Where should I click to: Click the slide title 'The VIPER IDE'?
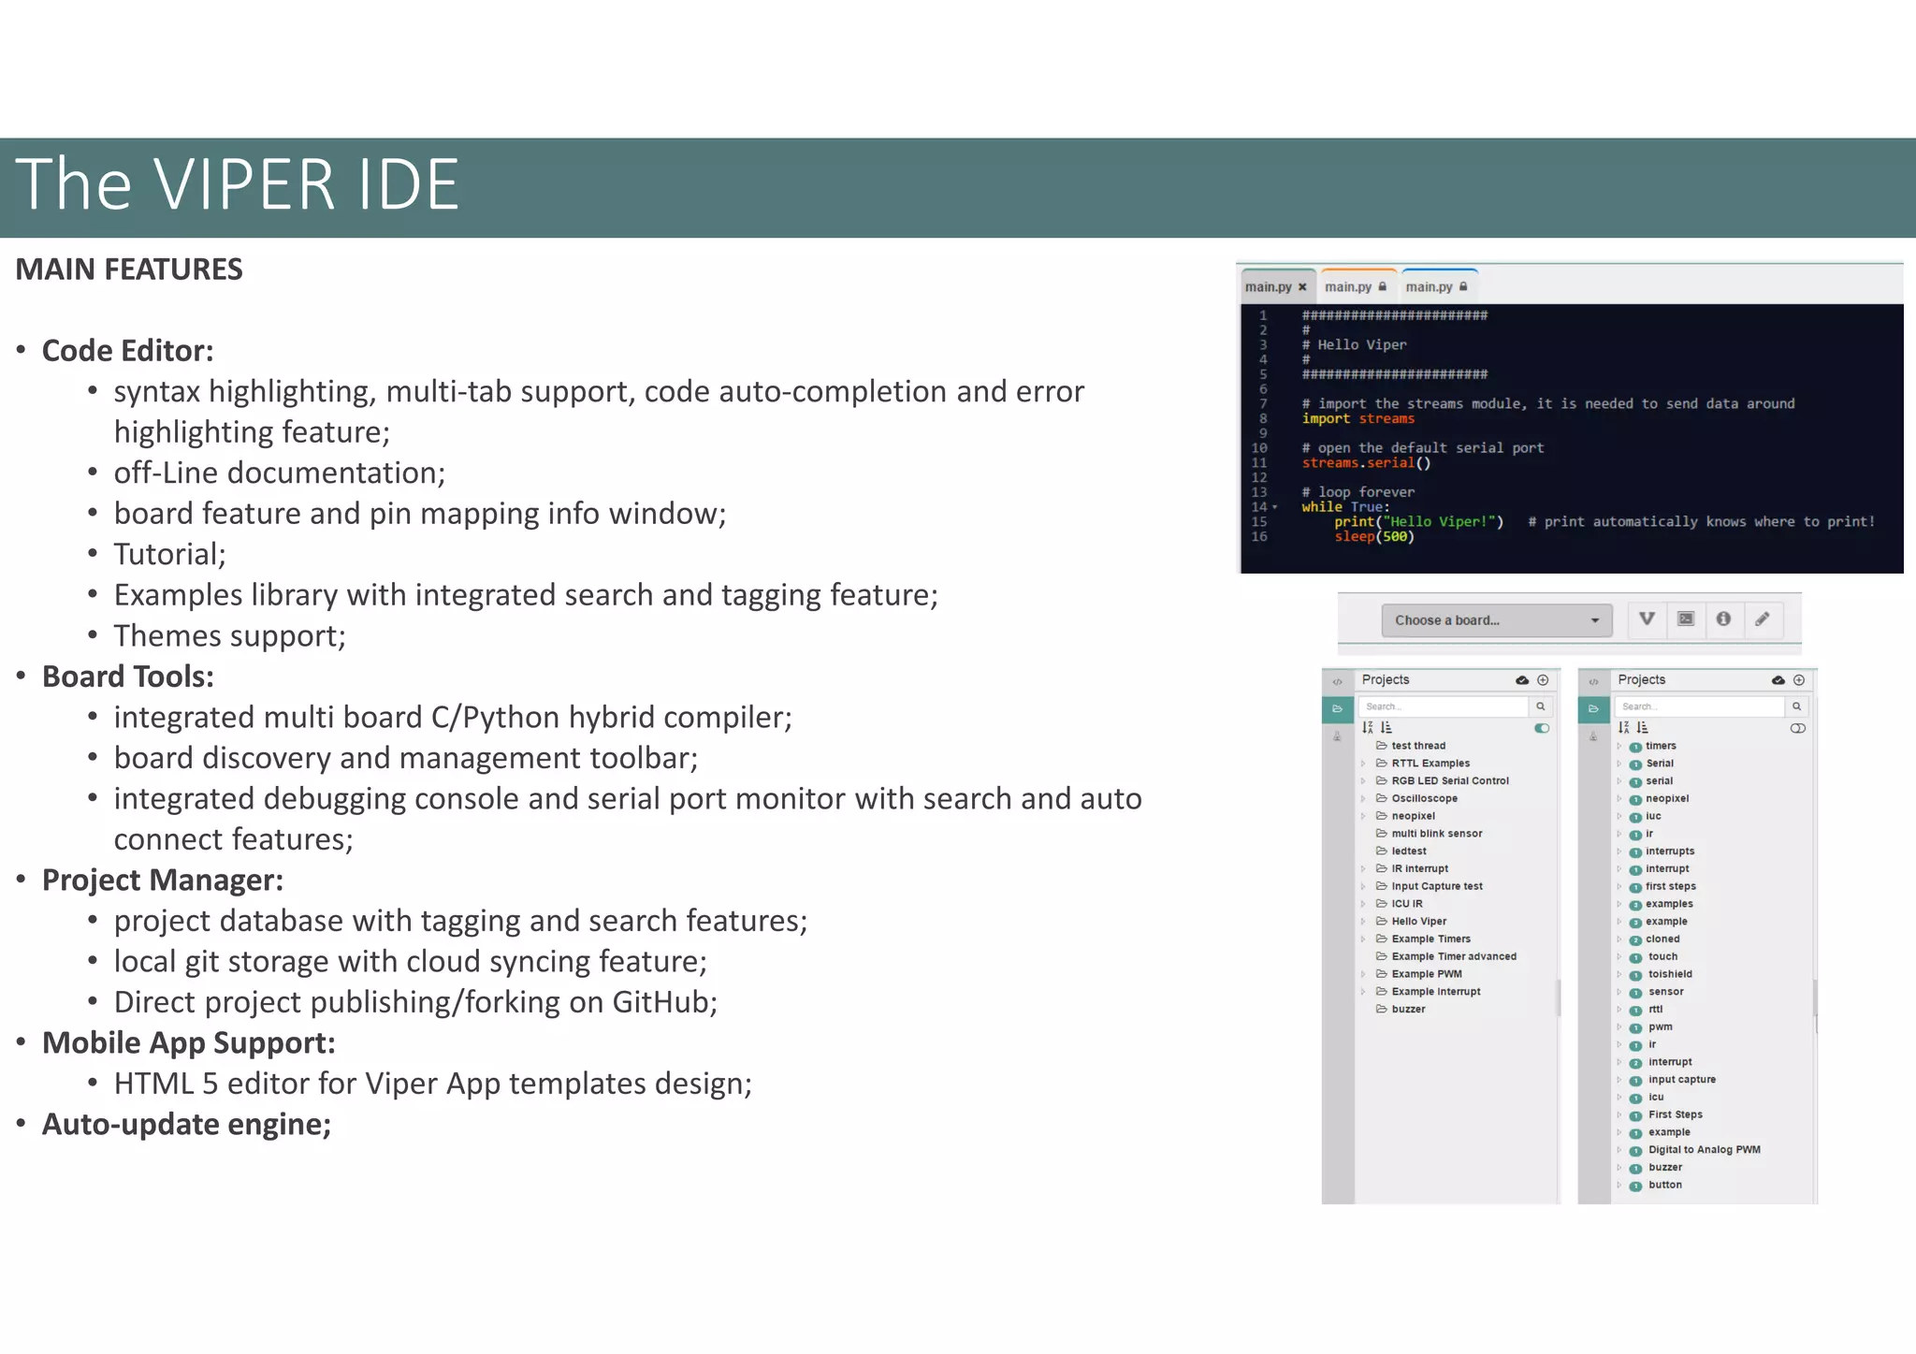237,184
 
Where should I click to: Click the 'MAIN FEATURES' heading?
129,269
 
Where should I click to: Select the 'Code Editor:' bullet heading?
127,351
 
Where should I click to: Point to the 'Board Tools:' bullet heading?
127,677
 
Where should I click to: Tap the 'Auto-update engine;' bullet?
186,1124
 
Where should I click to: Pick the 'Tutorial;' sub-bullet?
169,555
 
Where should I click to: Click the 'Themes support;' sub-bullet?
229,636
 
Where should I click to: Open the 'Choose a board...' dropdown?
1496,620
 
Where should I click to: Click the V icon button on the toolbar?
1647,619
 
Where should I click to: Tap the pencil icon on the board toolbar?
1762,619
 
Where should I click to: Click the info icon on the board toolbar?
1723,619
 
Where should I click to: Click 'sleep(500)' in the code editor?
1373,537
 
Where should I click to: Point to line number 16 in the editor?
1259,537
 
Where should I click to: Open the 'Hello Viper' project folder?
1418,922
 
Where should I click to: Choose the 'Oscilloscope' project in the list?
1424,798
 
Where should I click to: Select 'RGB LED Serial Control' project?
1449,781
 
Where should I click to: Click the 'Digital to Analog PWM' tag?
1704,1150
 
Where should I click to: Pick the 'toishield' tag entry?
1670,974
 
